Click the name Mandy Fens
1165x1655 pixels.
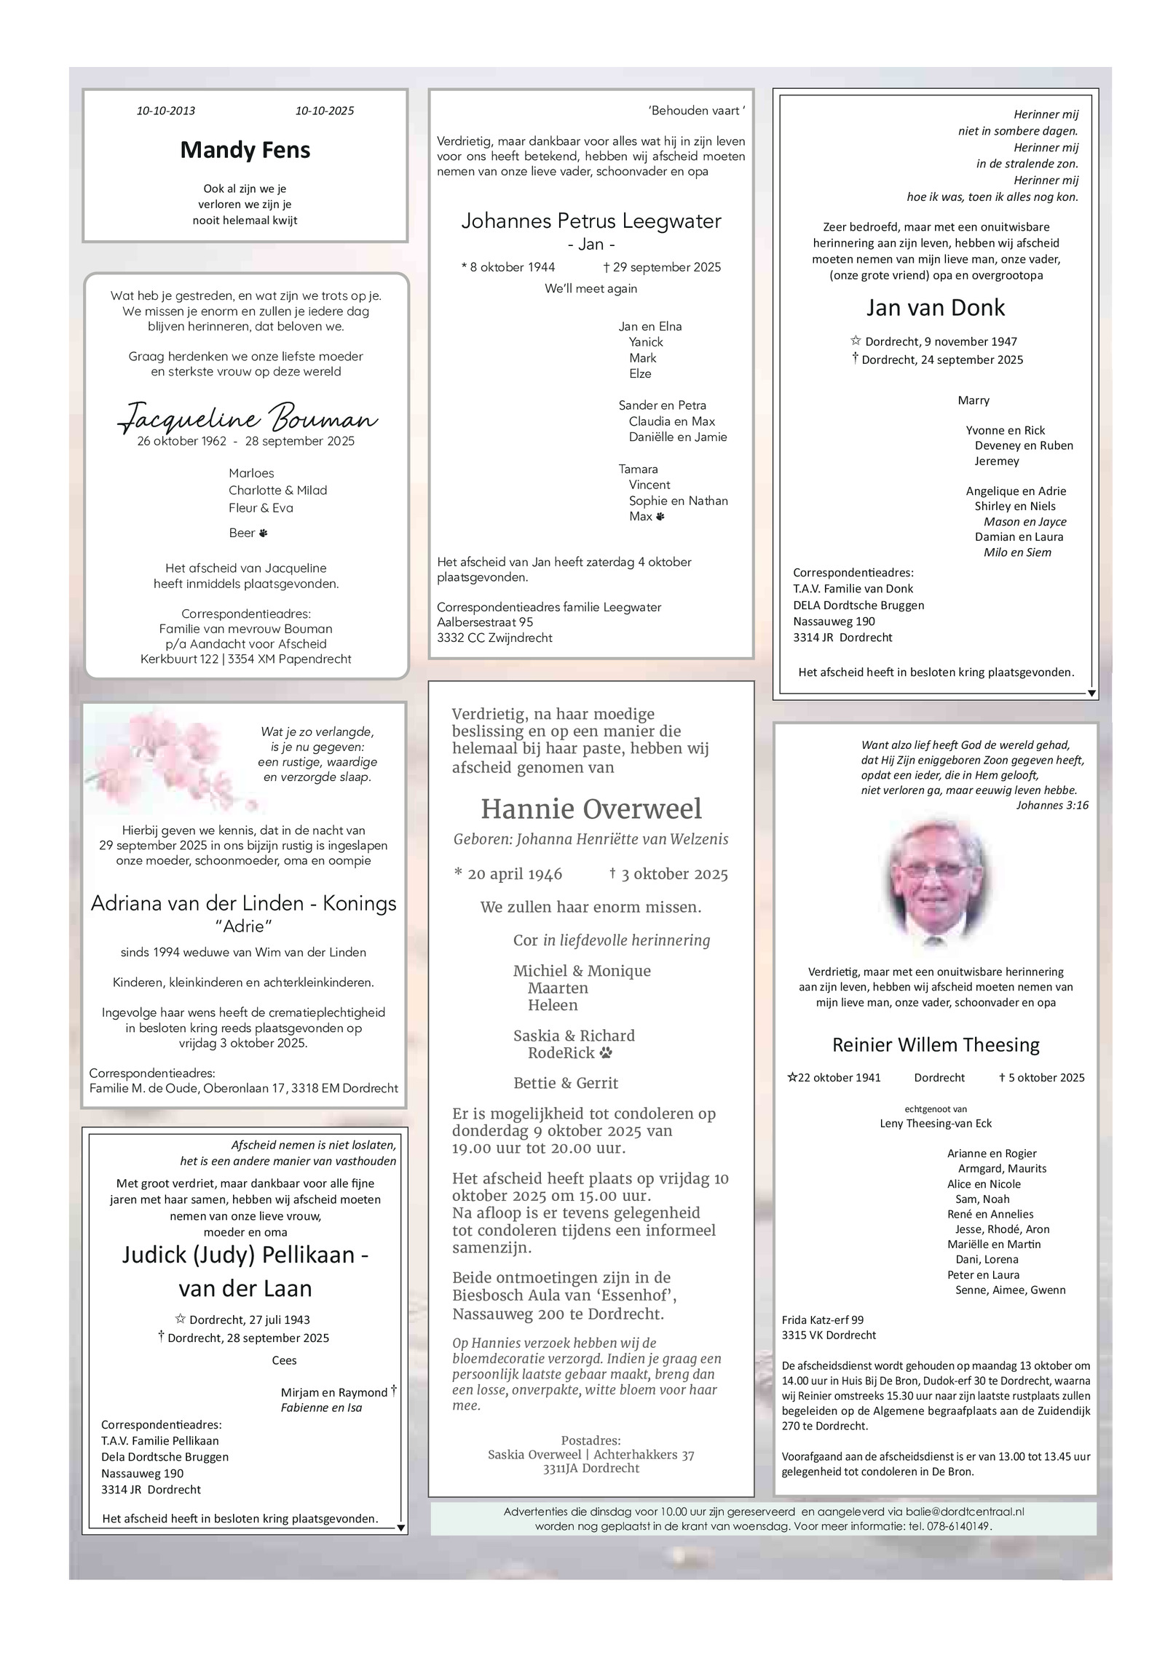(x=245, y=150)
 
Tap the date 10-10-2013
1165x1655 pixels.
(x=166, y=111)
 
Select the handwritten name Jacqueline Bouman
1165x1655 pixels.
(x=248, y=418)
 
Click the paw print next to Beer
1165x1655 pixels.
(x=263, y=533)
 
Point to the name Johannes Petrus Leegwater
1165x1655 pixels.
(x=591, y=221)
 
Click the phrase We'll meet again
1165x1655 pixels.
(x=591, y=289)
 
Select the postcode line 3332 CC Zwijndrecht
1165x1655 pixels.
(x=494, y=638)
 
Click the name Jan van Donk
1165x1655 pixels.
(x=935, y=308)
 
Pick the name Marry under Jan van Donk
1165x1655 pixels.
(x=974, y=400)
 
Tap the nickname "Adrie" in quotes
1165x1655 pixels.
(x=243, y=926)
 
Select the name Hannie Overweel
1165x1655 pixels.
(x=591, y=809)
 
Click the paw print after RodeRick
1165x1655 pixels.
(x=607, y=1053)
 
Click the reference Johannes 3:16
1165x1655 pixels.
(x=1052, y=805)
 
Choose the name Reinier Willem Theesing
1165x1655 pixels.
(x=936, y=1045)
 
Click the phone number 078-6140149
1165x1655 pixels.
(x=955, y=1526)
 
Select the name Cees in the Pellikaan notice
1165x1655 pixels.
(x=284, y=1360)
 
